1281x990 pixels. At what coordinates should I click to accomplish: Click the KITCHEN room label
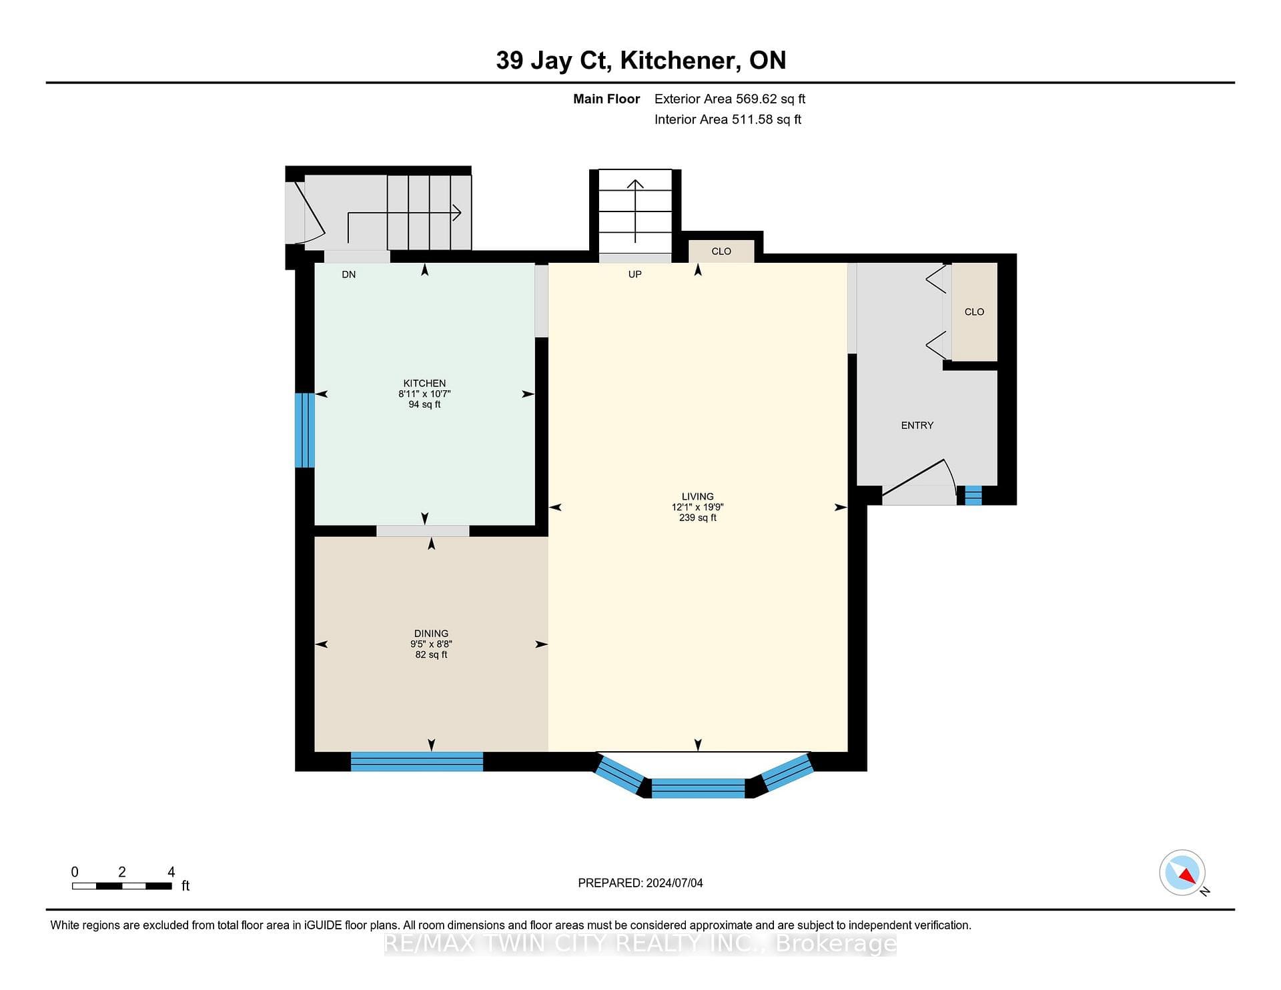(424, 383)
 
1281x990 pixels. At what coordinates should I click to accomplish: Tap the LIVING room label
(698, 496)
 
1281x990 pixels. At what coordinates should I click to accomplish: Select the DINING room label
(431, 633)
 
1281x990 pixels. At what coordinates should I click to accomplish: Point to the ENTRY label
(917, 425)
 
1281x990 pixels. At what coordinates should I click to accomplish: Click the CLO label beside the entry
(974, 312)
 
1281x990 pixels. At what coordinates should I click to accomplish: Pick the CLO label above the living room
(721, 251)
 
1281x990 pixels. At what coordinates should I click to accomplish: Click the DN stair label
(349, 274)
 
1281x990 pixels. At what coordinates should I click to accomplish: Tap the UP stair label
(634, 274)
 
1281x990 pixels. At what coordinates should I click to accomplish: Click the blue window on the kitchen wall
(305, 430)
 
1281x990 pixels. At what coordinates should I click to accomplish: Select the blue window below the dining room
(417, 761)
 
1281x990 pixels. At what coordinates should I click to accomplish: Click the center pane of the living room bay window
(698, 788)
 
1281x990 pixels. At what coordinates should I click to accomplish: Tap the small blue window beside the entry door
(973, 495)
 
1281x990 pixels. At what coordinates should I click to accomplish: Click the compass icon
(1182, 873)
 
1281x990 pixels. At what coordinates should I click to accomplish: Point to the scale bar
(122, 886)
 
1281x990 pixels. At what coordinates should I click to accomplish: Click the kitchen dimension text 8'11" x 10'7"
(424, 394)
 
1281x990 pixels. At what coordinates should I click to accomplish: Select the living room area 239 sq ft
(698, 517)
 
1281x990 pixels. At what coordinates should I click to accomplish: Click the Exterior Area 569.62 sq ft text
(730, 99)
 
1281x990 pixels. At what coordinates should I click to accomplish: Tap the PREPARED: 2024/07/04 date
(640, 883)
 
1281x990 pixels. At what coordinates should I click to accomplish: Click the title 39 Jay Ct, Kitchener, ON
(641, 60)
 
